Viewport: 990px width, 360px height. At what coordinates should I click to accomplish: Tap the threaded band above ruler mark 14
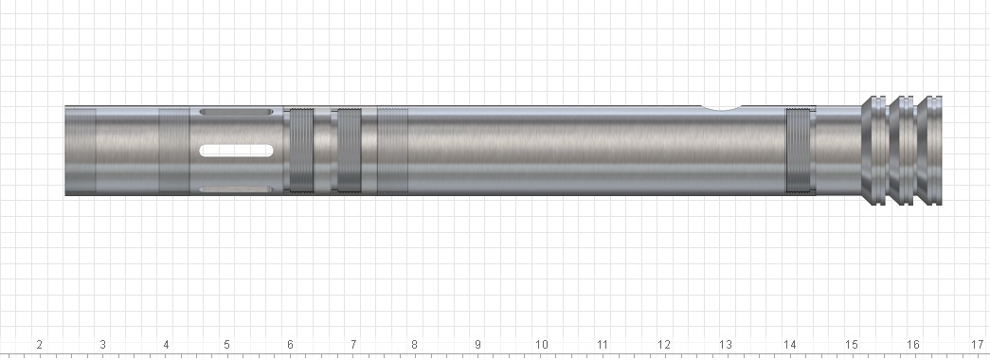click(801, 150)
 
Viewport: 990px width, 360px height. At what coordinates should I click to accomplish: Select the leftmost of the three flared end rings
click(874, 150)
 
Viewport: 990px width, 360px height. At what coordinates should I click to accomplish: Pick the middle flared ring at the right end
click(905, 150)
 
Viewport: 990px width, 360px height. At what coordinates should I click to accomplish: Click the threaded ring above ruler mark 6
click(300, 150)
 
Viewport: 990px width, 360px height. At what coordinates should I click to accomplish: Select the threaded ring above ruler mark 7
click(348, 150)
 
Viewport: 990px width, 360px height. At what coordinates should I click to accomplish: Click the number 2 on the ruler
click(39, 345)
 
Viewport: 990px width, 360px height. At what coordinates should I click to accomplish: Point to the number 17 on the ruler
click(976, 345)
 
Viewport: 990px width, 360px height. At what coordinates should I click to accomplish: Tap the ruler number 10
click(541, 345)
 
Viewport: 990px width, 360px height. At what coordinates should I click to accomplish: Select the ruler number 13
click(726, 345)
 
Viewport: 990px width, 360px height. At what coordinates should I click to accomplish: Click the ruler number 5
click(226, 345)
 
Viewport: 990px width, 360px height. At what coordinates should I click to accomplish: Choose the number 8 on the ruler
click(414, 345)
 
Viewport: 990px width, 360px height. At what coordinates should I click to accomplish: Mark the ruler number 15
click(851, 345)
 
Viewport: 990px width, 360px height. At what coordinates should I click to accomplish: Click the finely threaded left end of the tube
click(80, 150)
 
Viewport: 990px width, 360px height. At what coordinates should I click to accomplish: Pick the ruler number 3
click(102, 345)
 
